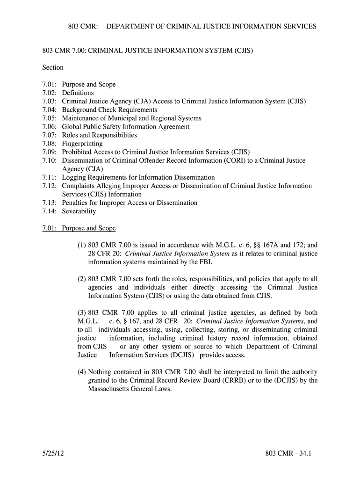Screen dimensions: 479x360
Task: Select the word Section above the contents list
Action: tap(53, 67)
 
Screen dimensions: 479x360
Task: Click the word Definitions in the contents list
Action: tap(78, 93)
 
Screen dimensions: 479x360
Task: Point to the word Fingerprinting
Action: tap(82, 144)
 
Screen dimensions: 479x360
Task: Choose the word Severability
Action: tap(79, 211)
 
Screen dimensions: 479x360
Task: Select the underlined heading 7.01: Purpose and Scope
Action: tap(79, 228)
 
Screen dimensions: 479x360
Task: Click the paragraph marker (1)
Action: tap(82, 245)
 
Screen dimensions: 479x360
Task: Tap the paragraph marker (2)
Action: tap(82, 279)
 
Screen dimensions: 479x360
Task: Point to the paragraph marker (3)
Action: tap(82, 313)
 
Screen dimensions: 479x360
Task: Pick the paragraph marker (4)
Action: tap(82, 372)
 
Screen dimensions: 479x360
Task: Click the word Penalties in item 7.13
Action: tap(76, 203)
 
